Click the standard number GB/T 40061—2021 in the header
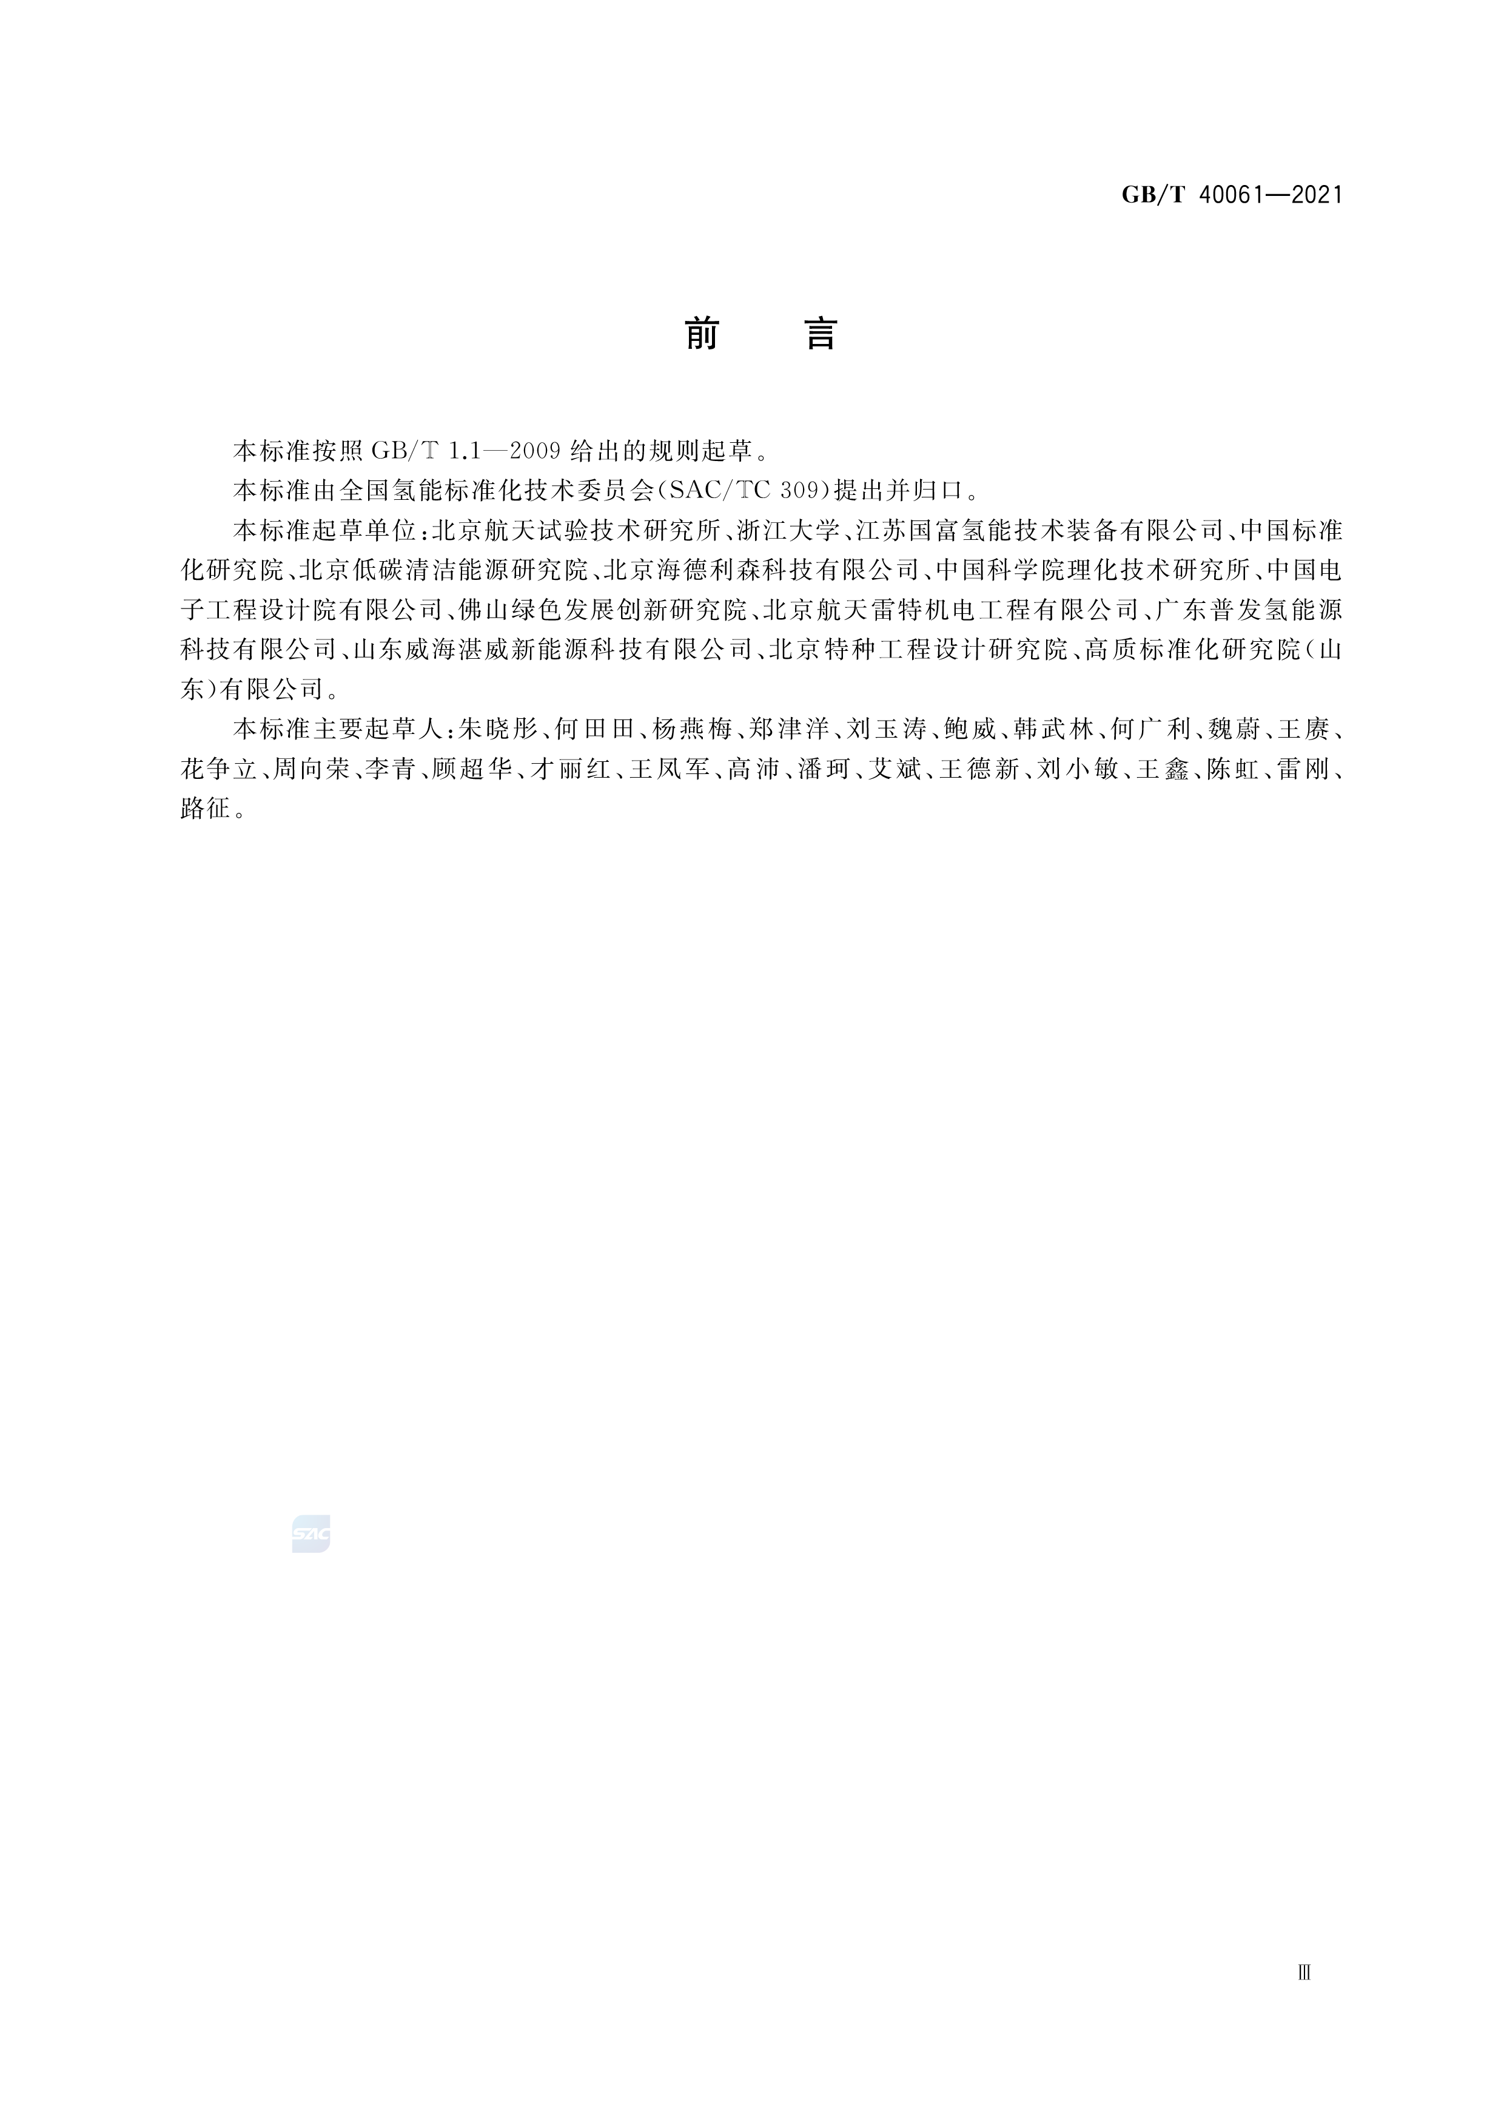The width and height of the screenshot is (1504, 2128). (1232, 195)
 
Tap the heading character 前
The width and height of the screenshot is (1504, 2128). (702, 334)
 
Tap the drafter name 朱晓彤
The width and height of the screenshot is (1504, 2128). (499, 729)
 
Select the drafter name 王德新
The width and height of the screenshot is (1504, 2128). (979, 769)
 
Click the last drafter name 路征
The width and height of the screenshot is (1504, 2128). (206, 808)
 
